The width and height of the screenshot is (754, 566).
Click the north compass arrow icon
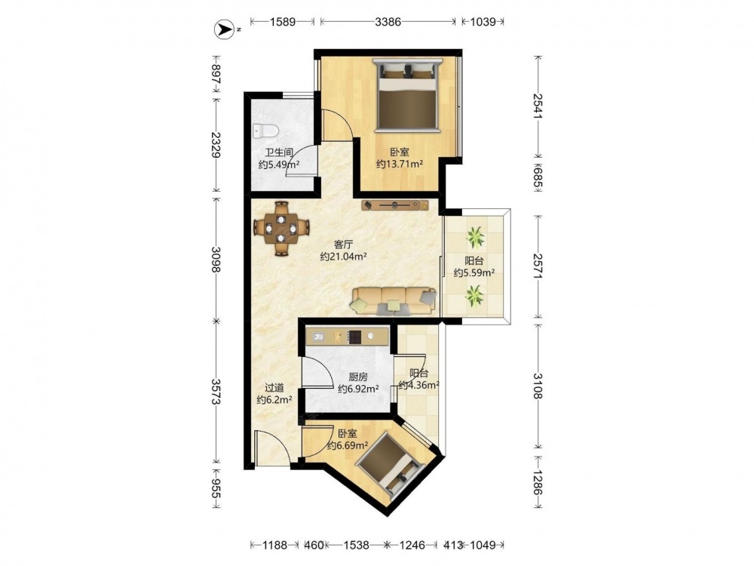pyautogui.click(x=223, y=30)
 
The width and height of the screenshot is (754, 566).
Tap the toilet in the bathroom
pyautogui.click(x=265, y=131)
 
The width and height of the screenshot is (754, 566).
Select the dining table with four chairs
pyautogui.click(x=280, y=228)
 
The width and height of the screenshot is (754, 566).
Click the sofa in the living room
pyautogui.click(x=394, y=301)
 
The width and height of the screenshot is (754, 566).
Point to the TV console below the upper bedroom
pyautogui.click(x=395, y=205)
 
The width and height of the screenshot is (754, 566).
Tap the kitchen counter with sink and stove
pyautogui.click(x=347, y=337)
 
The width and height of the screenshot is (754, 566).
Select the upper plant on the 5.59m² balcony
pyautogui.click(x=475, y=237)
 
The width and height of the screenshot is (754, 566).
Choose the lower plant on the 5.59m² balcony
pyautogui.click(x=474, y=296)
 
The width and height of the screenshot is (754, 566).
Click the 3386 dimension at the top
pyautogui.click(x=388, y=22)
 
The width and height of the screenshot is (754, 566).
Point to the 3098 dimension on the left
pyautogui.click(x=216, y=260)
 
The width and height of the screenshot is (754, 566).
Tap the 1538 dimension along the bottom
pyautogui.click(x=357, y=545)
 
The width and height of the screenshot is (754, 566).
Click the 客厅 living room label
pyautogui.click(x=343, y=245)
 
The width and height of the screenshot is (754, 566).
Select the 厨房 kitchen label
pyautogui.click(x=357, y=377)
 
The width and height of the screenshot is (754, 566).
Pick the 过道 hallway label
pyautogui.click(x=274, y=387)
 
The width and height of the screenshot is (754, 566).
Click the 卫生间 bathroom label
pyautogui.click(x=279, y=153)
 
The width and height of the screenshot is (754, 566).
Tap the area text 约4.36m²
pyautogui.click(x=419, y=385)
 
